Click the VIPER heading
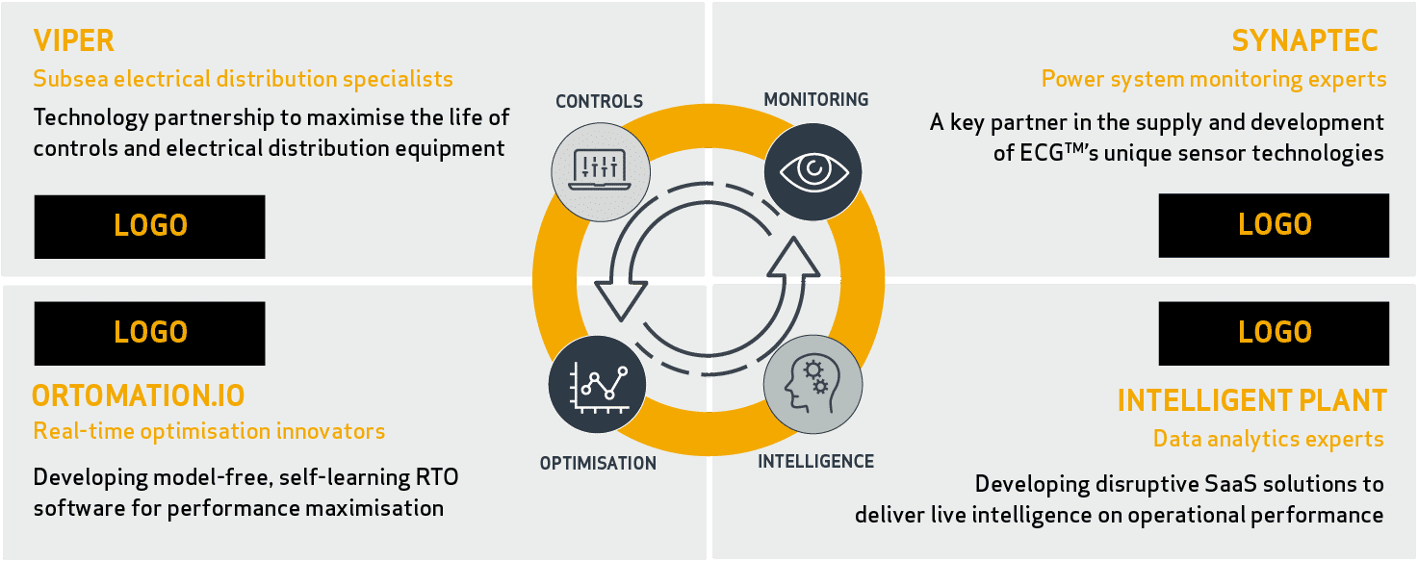pos(73,41)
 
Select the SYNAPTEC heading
pos(1304,41)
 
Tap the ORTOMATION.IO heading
pos(138,395)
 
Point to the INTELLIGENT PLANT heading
pos(1252,400)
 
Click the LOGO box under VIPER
pos(149,226)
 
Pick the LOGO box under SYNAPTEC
pos(1274,225)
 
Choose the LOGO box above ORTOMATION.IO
pos(149,333)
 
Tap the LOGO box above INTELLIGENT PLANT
pos(1274,333)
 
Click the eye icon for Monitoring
pos(813,171)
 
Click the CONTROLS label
pos(599,101)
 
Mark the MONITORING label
pos(816,99)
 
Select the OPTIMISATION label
pos(598,463)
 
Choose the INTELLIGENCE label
pos(816,461)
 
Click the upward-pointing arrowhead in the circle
pos(794,258)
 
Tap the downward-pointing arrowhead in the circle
pos(621,301)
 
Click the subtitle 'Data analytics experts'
pos(1268,438)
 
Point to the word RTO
pos(437,477)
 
